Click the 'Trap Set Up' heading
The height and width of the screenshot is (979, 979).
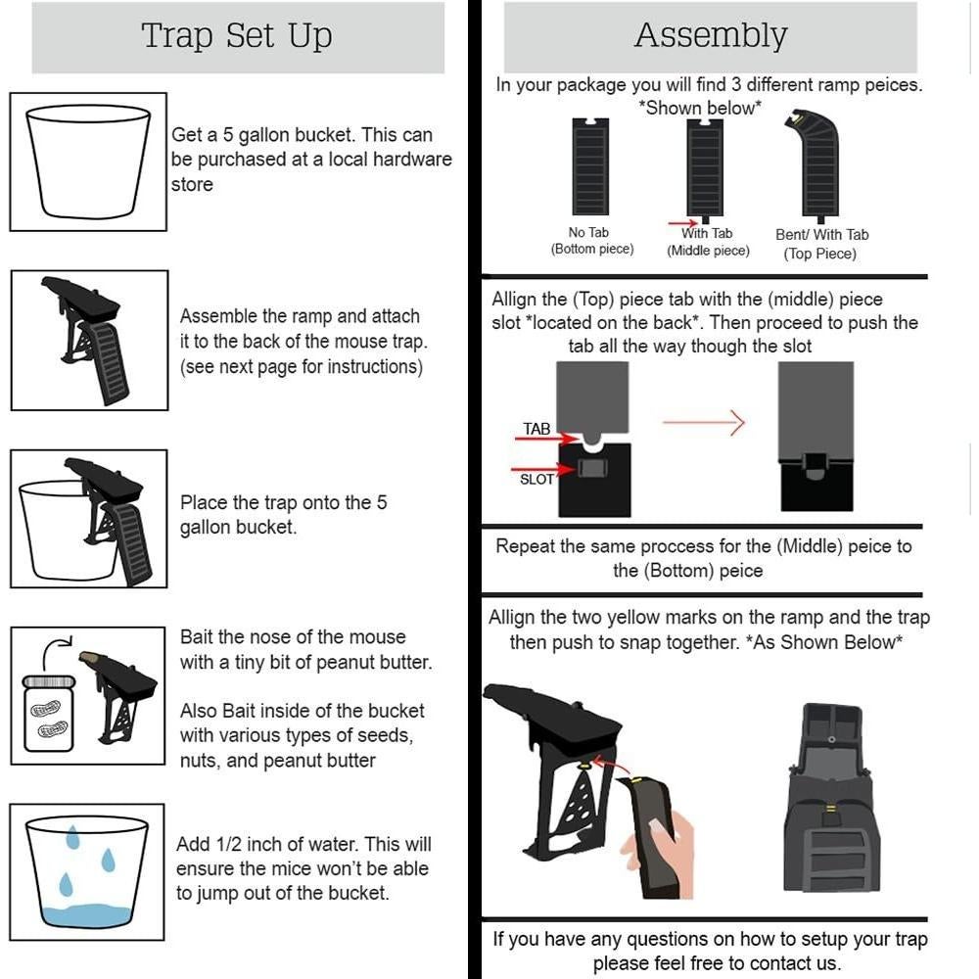pyautogui.click(x=237, y=36)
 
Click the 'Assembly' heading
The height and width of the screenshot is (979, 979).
pyautogui.click(x=711, y=36)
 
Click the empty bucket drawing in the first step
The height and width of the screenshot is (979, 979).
pyautogui.click(x=88, y=162)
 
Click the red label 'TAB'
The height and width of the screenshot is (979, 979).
pyautogui.click(x=536, y=429)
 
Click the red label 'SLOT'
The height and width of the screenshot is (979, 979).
pyautogui.click(x=536, y=479)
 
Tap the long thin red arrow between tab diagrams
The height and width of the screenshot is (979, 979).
pyautogui.click(x=703, y=423)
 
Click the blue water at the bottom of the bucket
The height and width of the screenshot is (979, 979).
pyautogui.click(x=88, y=915)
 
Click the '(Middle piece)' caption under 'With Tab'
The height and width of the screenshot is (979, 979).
pyautogui.click(x=708, y=251)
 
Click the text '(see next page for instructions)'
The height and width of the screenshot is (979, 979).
pyautogui.click(x=302, y=367)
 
